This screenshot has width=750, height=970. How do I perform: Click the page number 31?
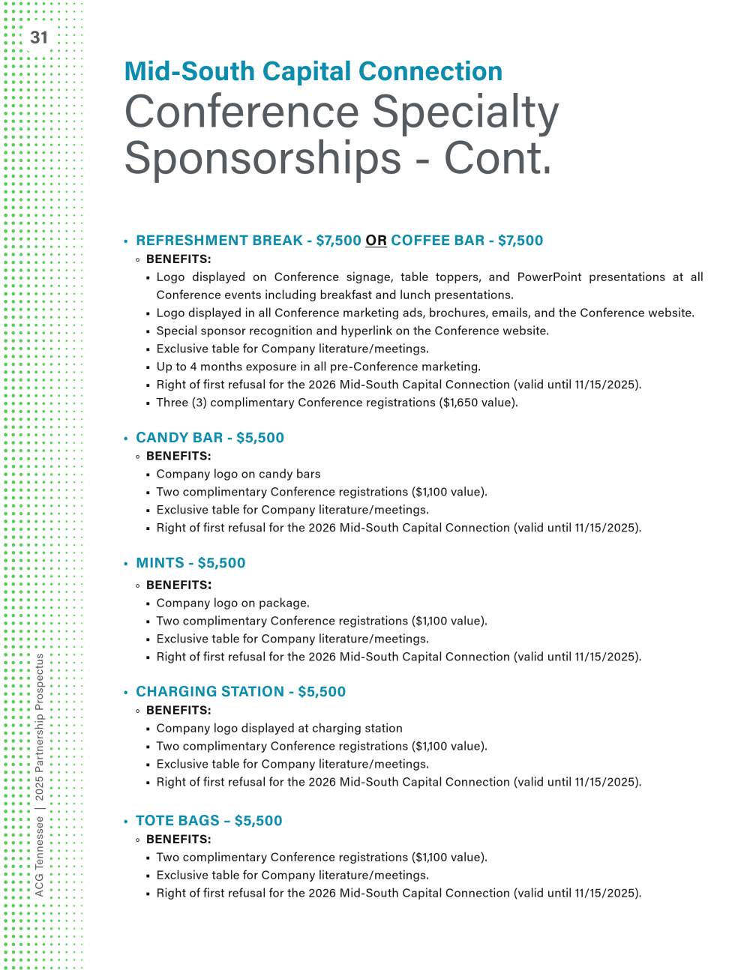pyautogui.click(x=39, y=37)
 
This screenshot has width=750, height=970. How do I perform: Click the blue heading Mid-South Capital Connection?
pyautogui.click(x=313, y=71)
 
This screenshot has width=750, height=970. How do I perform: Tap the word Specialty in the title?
pyautogui.click(x=465, y=112)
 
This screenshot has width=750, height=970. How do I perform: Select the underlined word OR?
pyautogui.click(x=376, y=241)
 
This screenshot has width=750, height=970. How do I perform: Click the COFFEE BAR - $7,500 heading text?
pyautogui.click(x=466, y=241)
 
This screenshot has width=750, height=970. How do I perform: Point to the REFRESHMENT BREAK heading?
pyautogui.click(x=219, y=241)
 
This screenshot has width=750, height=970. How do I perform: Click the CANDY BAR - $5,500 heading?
pyautogui.click(x=210, y=438)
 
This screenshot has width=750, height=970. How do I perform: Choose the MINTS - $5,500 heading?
pyautogui.click(x=190, y=563)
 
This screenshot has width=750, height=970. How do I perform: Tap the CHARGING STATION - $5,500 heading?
pyautogui.click(x=241, y=692)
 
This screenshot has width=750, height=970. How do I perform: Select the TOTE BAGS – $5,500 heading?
pyautogui.click(x=209, y=821)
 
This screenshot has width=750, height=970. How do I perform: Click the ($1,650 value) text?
pyautogui.click(x=478, y=403)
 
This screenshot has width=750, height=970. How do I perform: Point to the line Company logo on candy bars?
pyautogui.click(x=238, y=474)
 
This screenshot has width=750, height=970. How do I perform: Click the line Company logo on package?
pyautogui.click(x=232, y=603)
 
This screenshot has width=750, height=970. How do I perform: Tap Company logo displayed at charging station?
pyautogui.click(x=279, y=728)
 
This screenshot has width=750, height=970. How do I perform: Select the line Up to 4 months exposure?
pyautogui.click(x=318, y=367)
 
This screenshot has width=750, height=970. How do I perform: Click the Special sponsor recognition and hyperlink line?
pyautogui.click(x=352, y=331)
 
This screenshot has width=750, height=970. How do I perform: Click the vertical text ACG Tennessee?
pyautogui.click(x=40, y=856)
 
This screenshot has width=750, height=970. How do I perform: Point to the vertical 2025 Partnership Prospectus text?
pyautogui.click(x=40, y=727)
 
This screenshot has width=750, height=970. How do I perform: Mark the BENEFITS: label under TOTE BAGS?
pyautogui.click(x=178, y=840)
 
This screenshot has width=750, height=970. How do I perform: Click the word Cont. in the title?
pyautogui.click(x=497, y=159)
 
